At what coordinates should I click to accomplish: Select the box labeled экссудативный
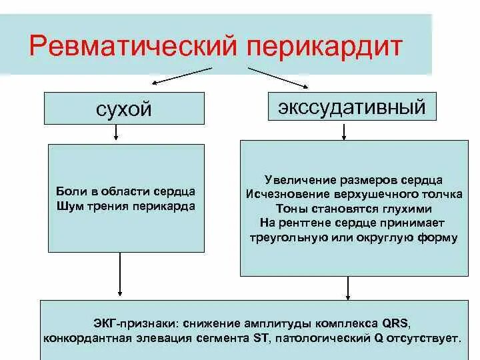tap(351, 107)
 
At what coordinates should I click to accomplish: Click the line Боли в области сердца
tap(127, 192)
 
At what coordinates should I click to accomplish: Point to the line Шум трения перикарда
tap(127, 206)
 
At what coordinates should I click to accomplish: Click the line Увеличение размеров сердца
tap(353, 181)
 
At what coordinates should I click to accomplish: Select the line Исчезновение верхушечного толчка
tap(353, 195)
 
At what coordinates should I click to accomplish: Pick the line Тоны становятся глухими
tap(353, 209)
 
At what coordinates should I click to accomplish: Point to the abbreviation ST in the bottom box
tap(261, 337)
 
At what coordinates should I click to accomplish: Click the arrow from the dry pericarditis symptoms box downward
tap(120, 273)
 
